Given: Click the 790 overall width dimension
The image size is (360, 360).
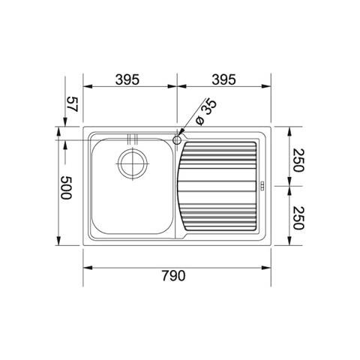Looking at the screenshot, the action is pos(174,275).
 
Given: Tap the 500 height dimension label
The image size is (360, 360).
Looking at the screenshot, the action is pos(66,187).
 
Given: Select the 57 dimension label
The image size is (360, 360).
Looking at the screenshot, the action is pos(73,104).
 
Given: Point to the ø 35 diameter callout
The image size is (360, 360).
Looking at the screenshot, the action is pos(206,112).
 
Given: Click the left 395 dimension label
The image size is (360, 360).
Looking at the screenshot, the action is pos(127,79).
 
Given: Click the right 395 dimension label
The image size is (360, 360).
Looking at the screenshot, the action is pos(223,79).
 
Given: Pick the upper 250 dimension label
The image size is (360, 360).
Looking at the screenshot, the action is pos(298,160).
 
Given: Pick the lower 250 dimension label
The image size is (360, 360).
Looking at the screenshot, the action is pos(298,218).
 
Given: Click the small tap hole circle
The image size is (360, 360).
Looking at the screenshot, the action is pos(177,140).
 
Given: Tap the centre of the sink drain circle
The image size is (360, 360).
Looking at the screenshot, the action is pos(133,163).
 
